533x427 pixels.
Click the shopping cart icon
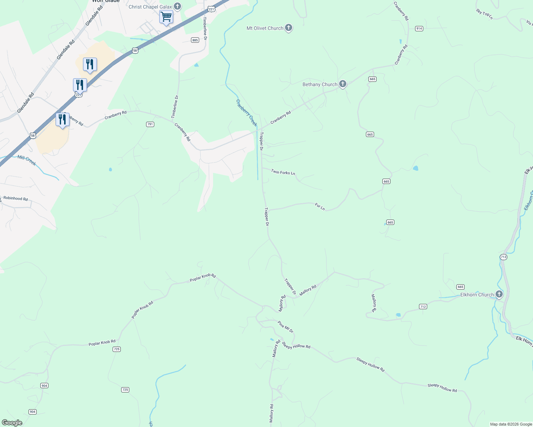click(x=166, y=16)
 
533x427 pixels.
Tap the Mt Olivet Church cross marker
click(x=289, y=28)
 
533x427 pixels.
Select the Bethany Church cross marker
click(x=343, y=84)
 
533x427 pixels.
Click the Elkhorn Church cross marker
click(x=499, y=294)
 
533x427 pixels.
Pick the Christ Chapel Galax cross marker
click(x=177, y=6)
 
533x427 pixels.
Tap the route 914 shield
click(x=419, y=28)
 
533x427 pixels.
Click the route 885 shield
click(x=195, y=40)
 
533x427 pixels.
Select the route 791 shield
click(x=150, y=124)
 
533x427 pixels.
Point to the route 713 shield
click(x=503, y=257)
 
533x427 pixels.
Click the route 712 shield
click(x=423, y=306)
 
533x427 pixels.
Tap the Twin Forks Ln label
click(x=283, y=172)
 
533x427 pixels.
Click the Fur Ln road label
click(x=320, y=206)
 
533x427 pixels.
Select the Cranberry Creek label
click(x=247, y=113)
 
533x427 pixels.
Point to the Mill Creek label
click(x=27, y=160)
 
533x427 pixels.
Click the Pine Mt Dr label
click(x=285, y=327)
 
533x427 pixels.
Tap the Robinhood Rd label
click(x=15, y=199)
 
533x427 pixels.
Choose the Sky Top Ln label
click(x=484, y=14)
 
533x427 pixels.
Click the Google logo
click(x=12, y=423)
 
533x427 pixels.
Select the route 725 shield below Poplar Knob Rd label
click(x=117, y=349)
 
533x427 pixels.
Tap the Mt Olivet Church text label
click(x=265, y=28)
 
